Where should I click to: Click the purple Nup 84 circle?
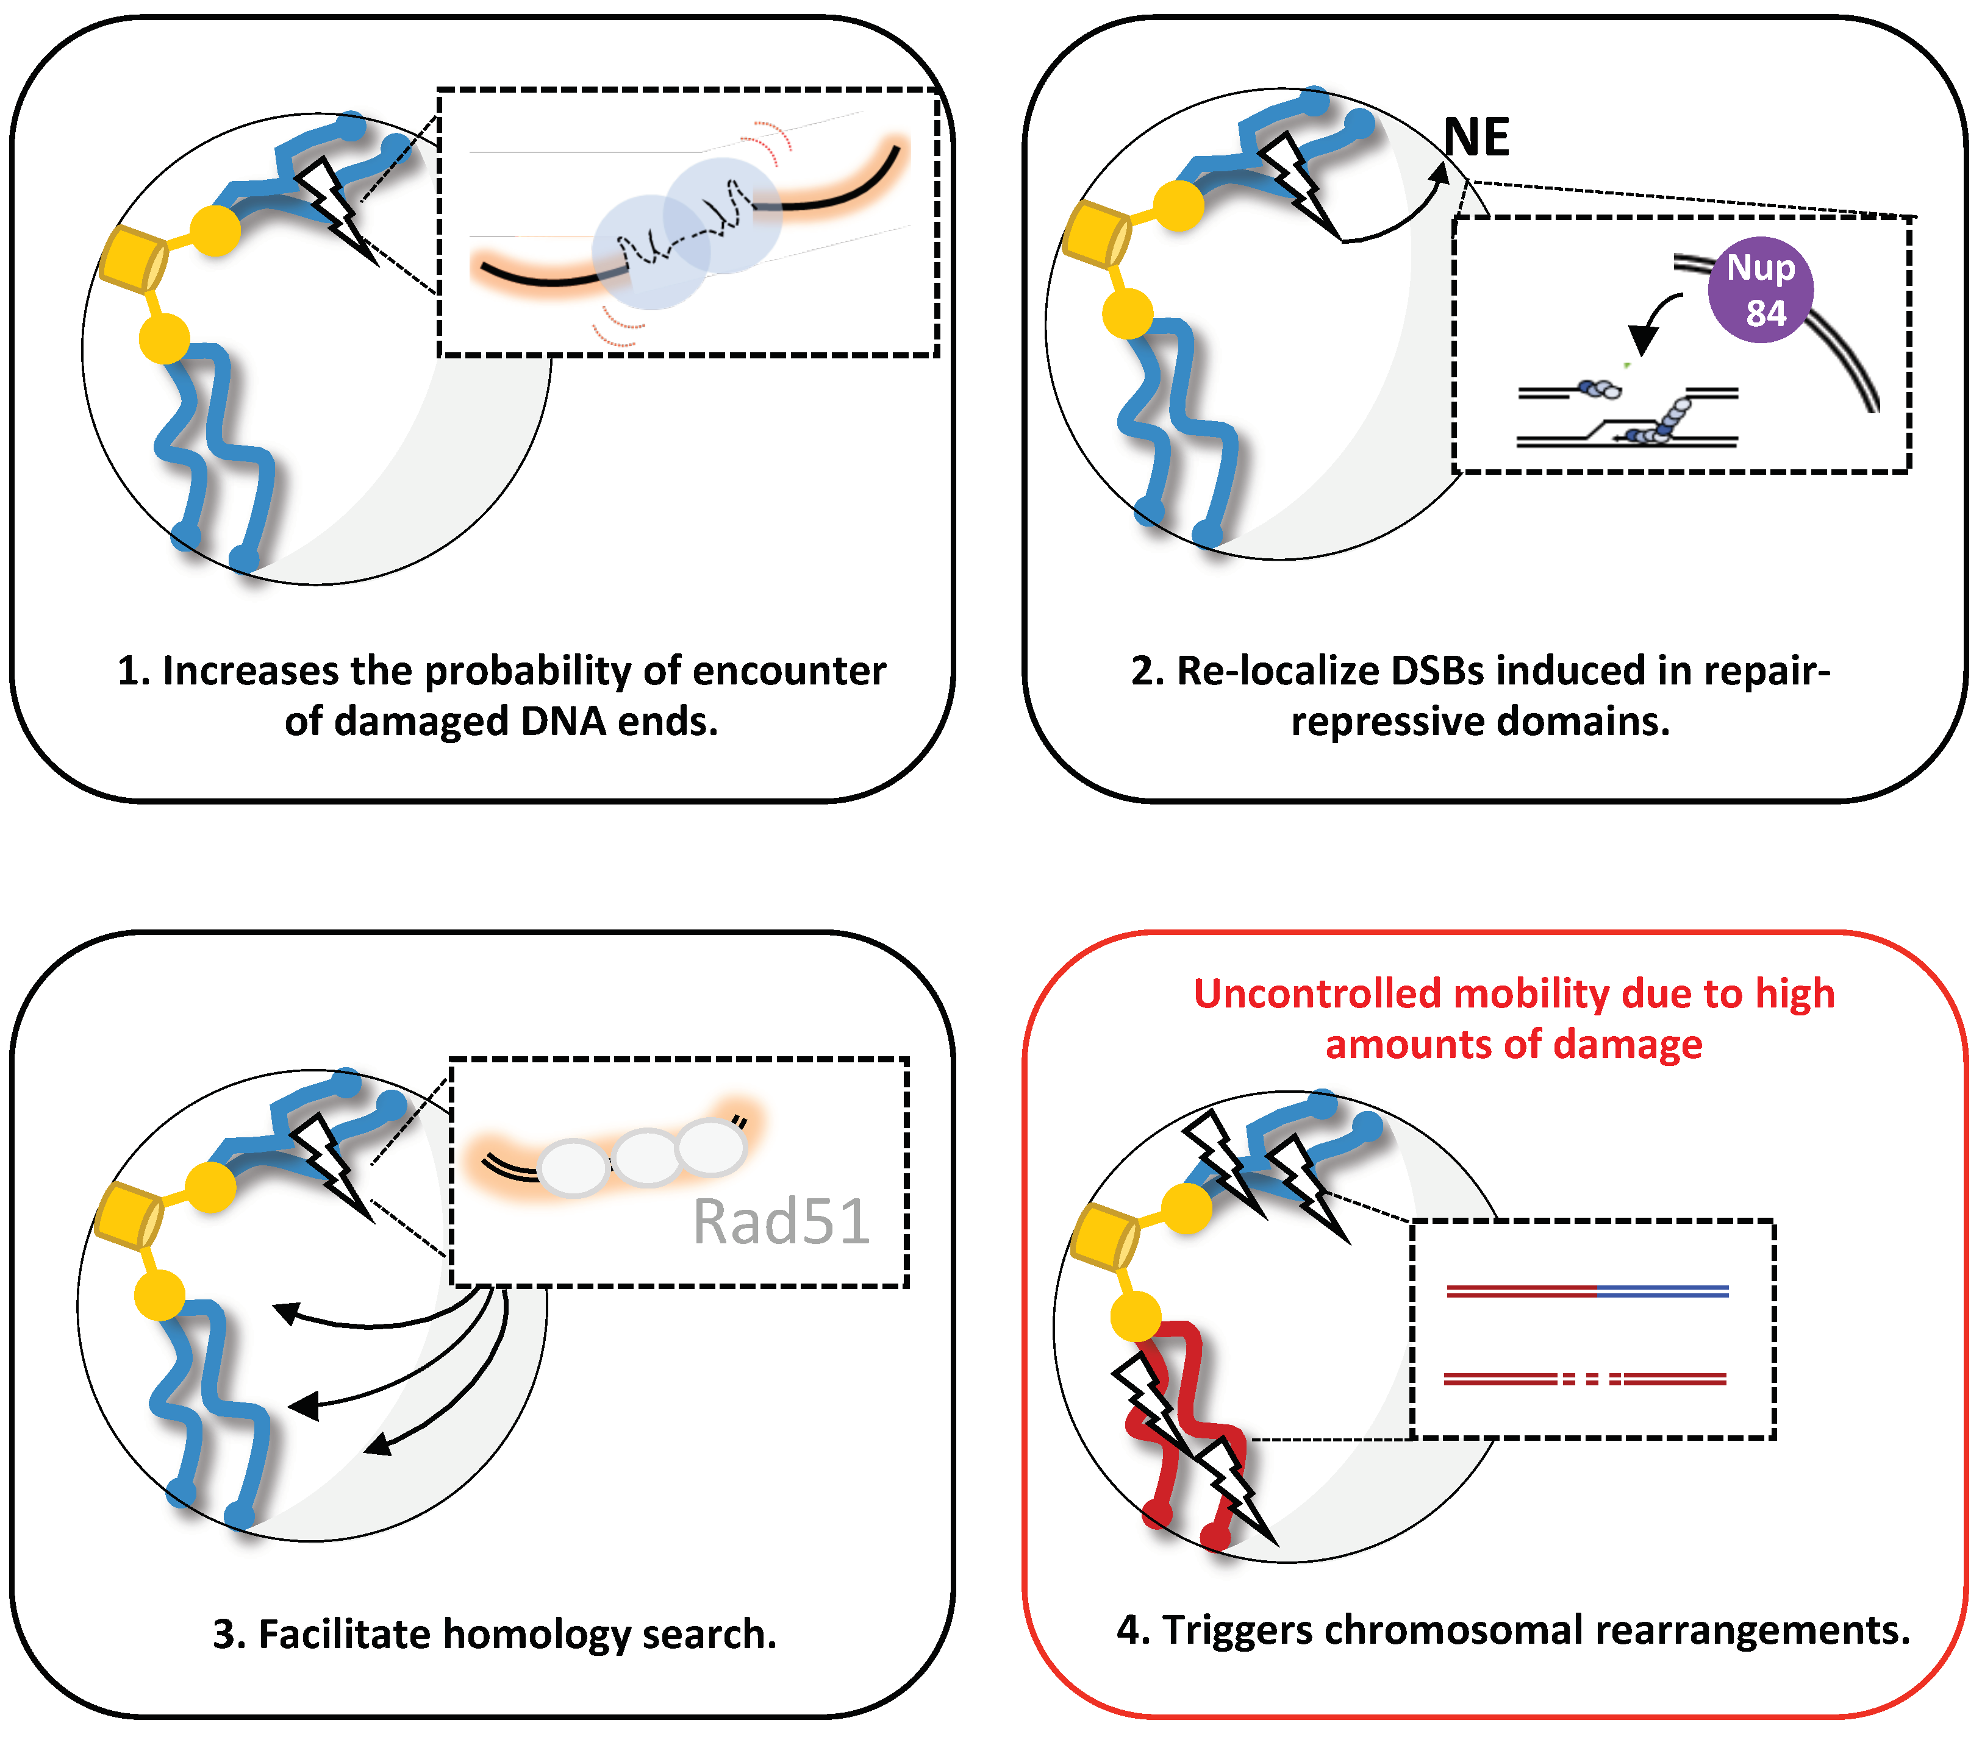point(1760,290)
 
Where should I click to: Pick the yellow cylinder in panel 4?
point(1103,1236)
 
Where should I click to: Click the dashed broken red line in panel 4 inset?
point(1586,1379)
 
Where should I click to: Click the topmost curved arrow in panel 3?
point(378,1320)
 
